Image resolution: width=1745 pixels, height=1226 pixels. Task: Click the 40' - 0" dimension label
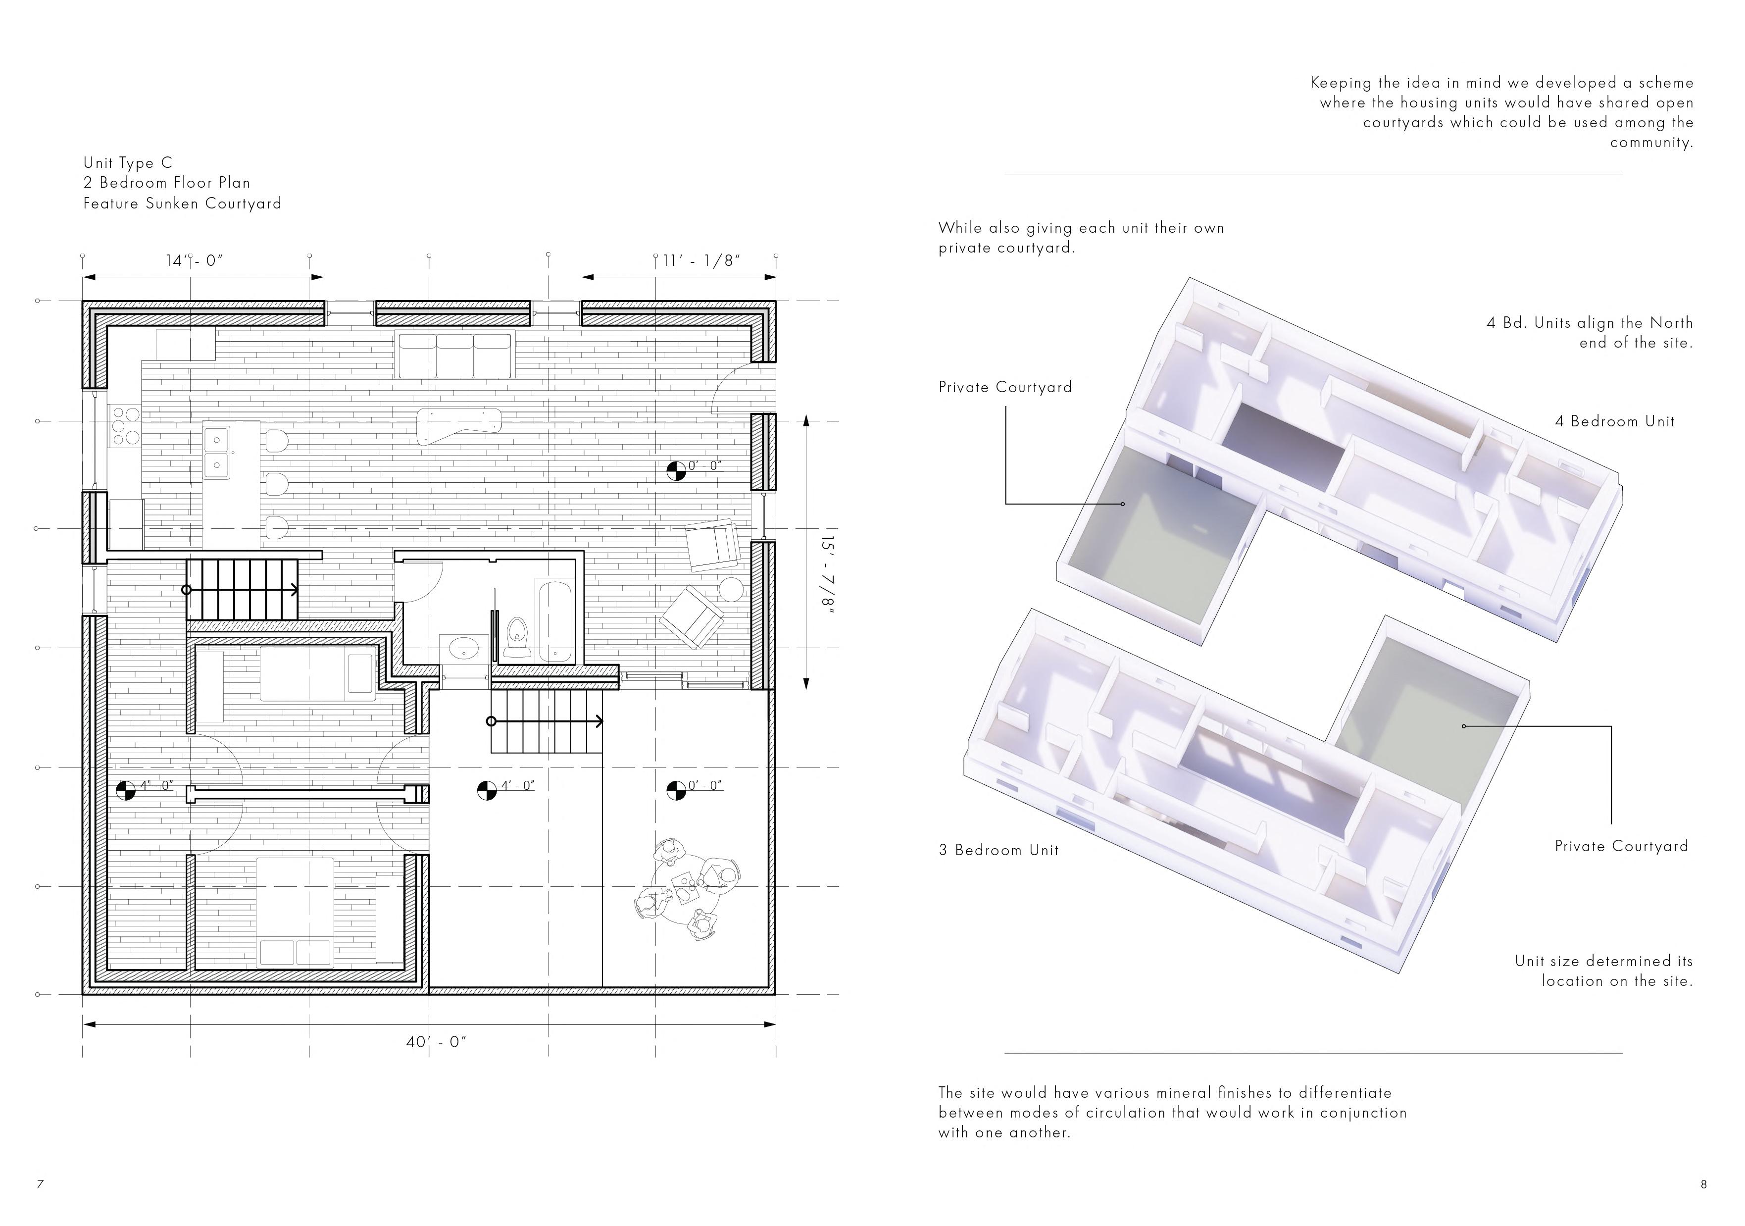click(x=436, y=1042)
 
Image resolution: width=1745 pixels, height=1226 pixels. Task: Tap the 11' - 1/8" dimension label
click(x=701, y=261)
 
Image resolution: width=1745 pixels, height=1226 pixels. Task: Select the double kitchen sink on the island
click(x=217, y=452)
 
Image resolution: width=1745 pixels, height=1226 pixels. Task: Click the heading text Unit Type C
click(x=128, y=162)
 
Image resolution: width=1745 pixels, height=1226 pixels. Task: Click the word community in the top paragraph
click(x=1651, y=142)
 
